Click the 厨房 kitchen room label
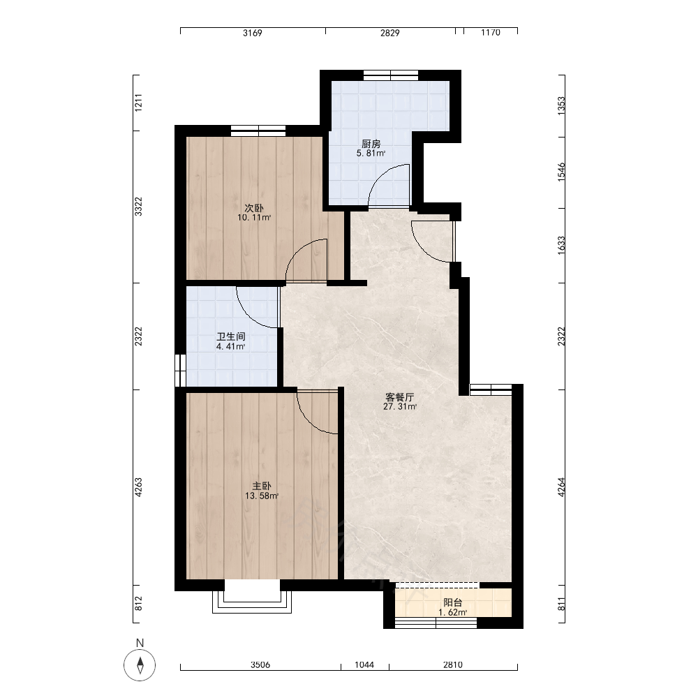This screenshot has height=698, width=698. (371, 144)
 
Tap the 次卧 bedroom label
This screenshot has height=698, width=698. (254, 208)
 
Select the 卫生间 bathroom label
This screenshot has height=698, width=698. (230, 336)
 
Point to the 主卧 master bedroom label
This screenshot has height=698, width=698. (262, 486)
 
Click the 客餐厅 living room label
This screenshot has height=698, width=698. (400, 396)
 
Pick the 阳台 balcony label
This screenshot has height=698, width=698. (453, 603)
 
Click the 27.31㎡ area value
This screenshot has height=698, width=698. (400, 406)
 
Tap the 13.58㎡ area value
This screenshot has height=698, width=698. (262, 496)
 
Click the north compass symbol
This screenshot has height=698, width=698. (140, 665)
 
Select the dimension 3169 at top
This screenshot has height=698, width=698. (253, 33)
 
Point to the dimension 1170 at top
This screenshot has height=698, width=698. (491, 33)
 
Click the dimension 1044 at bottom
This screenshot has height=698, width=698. (364, 664)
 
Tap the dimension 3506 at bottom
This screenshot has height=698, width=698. (260, 664)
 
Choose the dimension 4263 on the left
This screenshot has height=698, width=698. (138, 487)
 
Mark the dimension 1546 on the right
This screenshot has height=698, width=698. (561, 172)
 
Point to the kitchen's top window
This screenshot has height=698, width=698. (391, 75)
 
